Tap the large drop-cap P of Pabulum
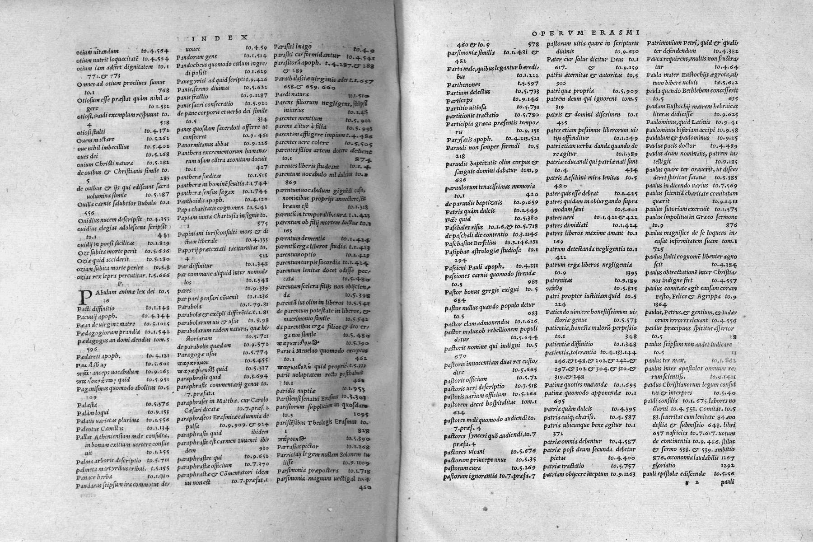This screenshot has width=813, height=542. tap(83, 298)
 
